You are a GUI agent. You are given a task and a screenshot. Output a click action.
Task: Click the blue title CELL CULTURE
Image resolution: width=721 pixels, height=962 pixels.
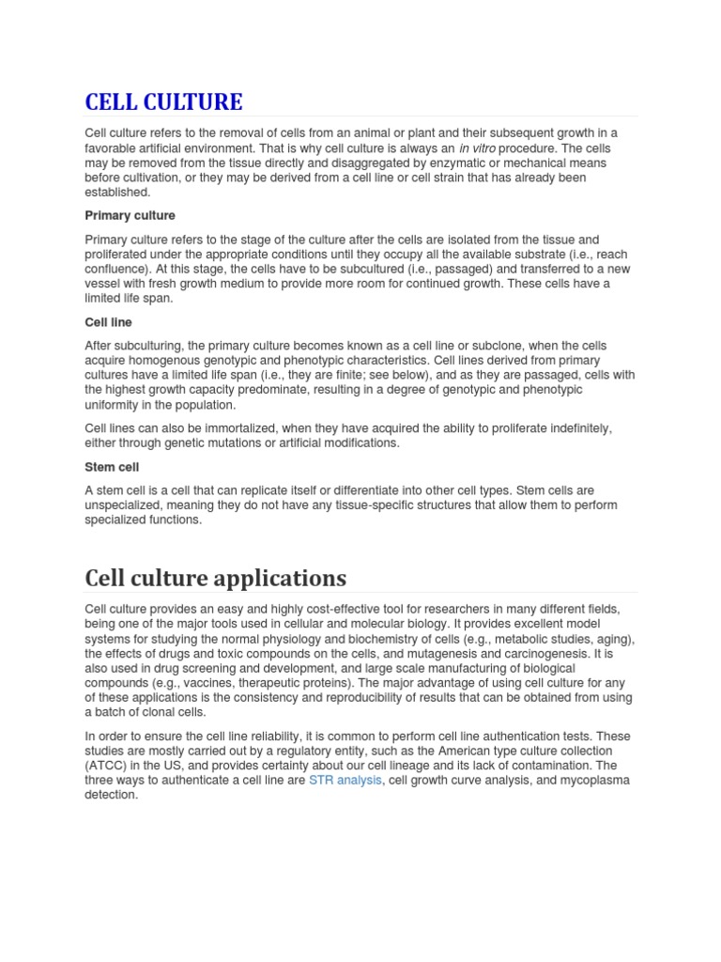click(x=163, y=101)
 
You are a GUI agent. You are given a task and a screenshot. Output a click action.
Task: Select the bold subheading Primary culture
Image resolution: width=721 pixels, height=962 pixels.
click(x=130, y=216)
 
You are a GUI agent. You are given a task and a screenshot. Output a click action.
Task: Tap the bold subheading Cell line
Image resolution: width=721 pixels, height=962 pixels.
click(x=108, y=322)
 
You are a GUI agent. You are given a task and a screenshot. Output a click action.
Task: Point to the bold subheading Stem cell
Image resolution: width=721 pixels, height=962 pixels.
click(x=112, y=467)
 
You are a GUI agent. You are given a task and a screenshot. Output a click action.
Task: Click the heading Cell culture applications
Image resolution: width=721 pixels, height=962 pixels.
click(x=215, y=577)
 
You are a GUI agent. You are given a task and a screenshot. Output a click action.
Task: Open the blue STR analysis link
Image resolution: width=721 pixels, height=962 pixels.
click(x=345, y=781)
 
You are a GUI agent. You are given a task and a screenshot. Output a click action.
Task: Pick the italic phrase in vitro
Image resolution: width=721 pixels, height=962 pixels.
click(x=477, y=148)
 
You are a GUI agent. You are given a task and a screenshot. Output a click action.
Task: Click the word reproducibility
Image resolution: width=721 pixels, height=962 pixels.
click(x=405, y=698)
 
